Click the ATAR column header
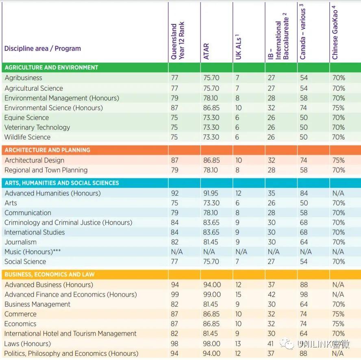point(206,51)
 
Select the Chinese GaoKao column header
point(335,33)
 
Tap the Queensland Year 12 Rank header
point(178,41)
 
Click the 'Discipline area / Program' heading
point(43,48)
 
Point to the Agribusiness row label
point(24,78)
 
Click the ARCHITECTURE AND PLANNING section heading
point(48,150)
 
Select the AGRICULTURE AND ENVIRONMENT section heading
point(51,67)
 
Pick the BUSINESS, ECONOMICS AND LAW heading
point(50,274)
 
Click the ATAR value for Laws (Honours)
point(211,344)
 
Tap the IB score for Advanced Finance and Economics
point(272,295)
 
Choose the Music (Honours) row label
point(33,252)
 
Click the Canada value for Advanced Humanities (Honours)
point(304,193)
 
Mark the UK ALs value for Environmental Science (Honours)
point(238,108)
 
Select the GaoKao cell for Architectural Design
point(338,160)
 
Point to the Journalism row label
point(20,242)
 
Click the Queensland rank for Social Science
point(174,262)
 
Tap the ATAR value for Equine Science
point(211,117)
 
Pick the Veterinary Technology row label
point(37,128)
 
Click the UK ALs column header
point(238,47)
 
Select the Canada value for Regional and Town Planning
point(304,170)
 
